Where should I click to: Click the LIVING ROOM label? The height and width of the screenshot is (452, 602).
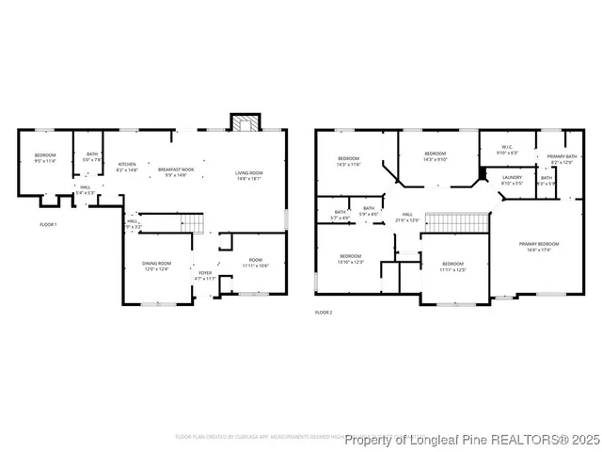[248, 175]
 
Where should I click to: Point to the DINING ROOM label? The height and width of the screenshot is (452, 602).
[156, 266]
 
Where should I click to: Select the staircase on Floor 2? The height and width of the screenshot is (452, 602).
[457, 221]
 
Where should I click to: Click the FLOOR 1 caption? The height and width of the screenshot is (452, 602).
[48, 224]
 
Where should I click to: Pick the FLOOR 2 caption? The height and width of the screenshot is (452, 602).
[324, 312]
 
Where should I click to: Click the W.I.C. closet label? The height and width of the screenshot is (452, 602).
[506, 149]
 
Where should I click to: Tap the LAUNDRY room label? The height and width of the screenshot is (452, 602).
[512, 179]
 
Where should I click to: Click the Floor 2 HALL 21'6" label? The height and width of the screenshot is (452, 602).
[407, 217]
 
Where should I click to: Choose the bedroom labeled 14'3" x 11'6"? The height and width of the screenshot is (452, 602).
[348, 161]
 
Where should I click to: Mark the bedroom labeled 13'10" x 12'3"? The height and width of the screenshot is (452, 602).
[350, 258]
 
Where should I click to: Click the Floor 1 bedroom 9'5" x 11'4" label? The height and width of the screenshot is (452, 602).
[45, 157]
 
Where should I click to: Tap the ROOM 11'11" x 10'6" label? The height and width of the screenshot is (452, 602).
[256, 263]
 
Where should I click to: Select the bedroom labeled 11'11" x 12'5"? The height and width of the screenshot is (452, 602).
[452, 266]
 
